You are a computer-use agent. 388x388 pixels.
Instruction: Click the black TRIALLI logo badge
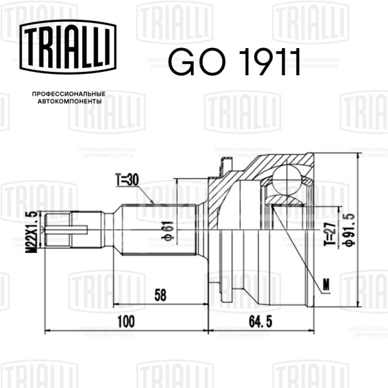coord(68,47)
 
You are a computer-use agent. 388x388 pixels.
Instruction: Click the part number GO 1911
coord(235,61)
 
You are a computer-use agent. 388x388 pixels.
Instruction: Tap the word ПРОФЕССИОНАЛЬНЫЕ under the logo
coord(69,94)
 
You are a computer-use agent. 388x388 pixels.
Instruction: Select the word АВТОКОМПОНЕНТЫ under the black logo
coord(70,101)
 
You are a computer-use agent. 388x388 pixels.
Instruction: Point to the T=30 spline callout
coord(127,180)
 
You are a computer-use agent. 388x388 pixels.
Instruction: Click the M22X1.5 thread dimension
coord(32,232)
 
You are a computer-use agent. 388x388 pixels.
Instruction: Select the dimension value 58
coord(160,294)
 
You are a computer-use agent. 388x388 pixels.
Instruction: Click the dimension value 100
coord(126,321)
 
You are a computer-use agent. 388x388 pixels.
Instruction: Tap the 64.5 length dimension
coord(260,321)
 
